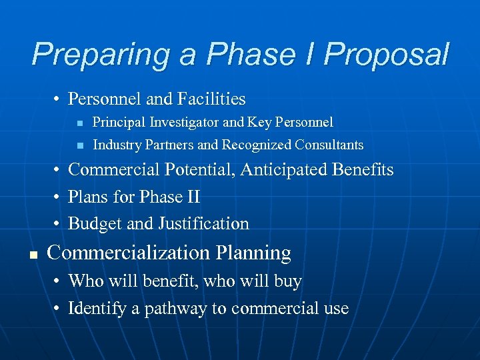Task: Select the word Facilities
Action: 211,99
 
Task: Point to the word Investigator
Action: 179,122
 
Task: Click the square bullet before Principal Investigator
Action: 79,123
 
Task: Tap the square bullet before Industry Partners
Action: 79,145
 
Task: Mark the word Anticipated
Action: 288,170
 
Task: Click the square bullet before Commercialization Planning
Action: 32,254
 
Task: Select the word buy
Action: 288,282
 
